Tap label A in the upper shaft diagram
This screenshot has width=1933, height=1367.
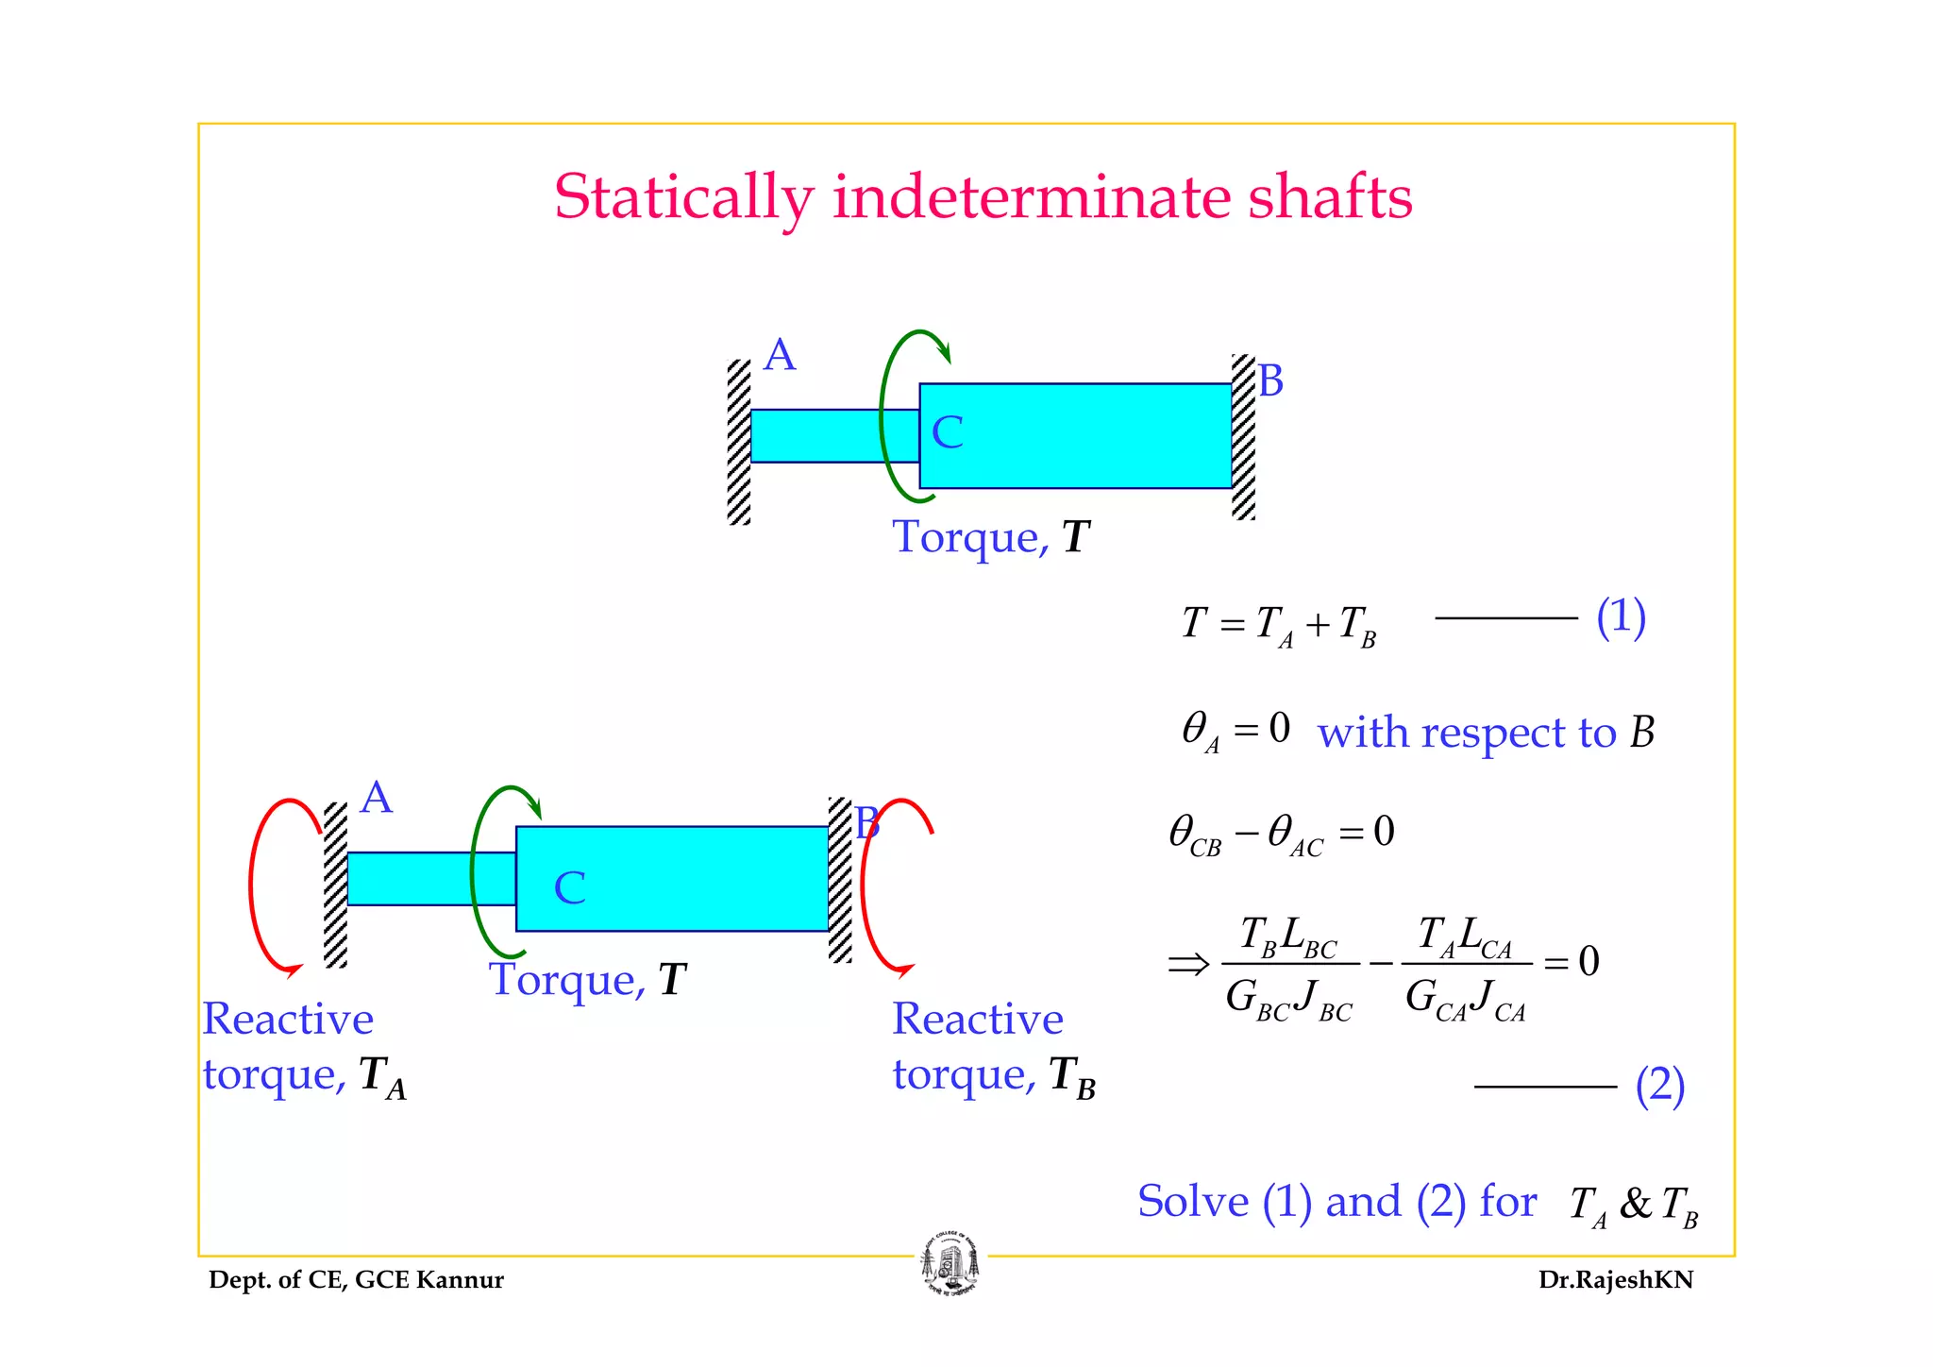coord(780,356)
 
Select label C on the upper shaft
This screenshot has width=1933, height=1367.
coord(947,433)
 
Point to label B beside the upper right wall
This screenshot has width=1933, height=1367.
coord(1270,381)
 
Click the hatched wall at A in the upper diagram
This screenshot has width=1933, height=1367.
coord(739,442)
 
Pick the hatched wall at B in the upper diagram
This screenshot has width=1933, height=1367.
coord(1243,436)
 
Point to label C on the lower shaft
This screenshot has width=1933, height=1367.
coord(569,888)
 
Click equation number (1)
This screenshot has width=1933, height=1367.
coord(1621,617)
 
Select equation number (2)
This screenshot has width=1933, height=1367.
coord(1659,1086)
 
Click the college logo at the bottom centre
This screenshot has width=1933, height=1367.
coord(950,1265)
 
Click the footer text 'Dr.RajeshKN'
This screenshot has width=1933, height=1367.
coord(1615,1280)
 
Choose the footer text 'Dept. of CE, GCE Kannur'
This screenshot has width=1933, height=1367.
coord(356,1280)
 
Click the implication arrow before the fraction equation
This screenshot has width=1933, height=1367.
coord(1187,964)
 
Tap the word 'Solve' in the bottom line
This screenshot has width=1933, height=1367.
coord(1193,1202)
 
